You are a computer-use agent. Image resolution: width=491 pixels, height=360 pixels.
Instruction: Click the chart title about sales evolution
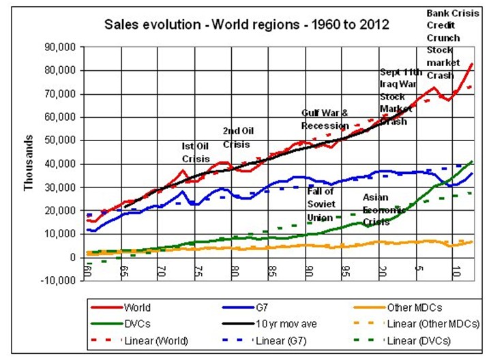[x=246, y=25]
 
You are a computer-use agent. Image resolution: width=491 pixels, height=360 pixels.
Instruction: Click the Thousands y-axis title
[x=29, y=163]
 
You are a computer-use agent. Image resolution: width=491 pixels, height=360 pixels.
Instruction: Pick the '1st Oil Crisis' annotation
[x=195, y=151]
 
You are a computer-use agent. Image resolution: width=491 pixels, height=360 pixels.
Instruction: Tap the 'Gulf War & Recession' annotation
[x=325, y=119]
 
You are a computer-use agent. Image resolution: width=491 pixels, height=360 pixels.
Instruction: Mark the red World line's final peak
[x=473, y=63]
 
